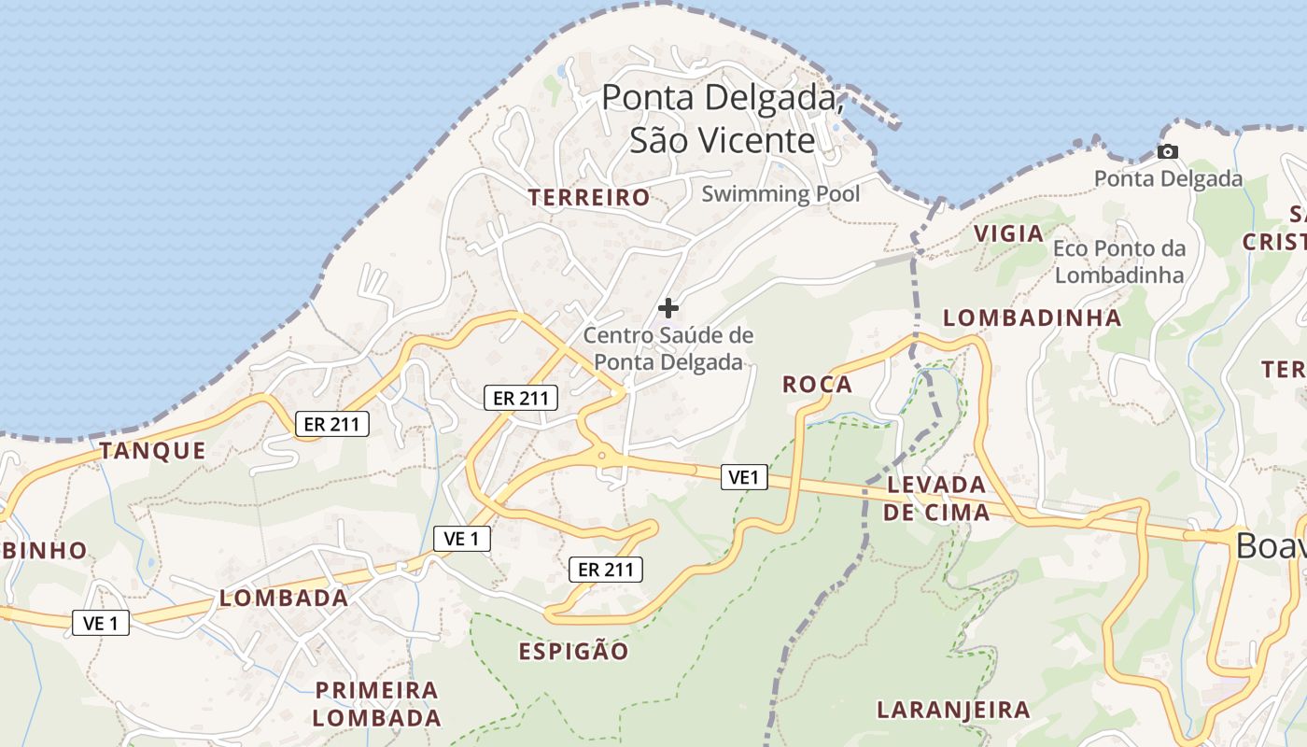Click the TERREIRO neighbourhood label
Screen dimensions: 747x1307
click(588, 197)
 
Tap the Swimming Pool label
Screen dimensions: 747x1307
click(780, 194)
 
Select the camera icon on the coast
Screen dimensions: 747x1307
click(1167, 151)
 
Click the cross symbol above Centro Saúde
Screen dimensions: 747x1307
click(668, 307)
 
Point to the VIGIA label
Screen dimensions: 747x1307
click(1008, 233)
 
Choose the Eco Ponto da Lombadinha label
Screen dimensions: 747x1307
click(1119, 261)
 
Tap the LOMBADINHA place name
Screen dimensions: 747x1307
click(1032, 317)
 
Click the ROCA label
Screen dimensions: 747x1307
click(817, 384)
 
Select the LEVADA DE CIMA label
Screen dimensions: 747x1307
click(936, 498)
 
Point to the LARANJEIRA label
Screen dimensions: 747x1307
click(953, 710)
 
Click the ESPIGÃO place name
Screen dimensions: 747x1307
click(573, 651)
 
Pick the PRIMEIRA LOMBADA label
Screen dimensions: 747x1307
click(376, 704)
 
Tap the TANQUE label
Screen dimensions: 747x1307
click(152, 450)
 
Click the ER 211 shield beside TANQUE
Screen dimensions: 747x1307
click(332, 424)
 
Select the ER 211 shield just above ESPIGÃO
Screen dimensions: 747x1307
click(606, 569)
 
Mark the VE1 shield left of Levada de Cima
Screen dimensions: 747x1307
click(744, 478)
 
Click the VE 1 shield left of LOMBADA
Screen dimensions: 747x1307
click(101, 623)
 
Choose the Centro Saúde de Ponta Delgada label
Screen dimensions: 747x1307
click(668, 348)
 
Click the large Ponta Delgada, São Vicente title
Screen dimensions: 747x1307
click(724, 118)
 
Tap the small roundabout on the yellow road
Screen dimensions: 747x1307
click(602, 456)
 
